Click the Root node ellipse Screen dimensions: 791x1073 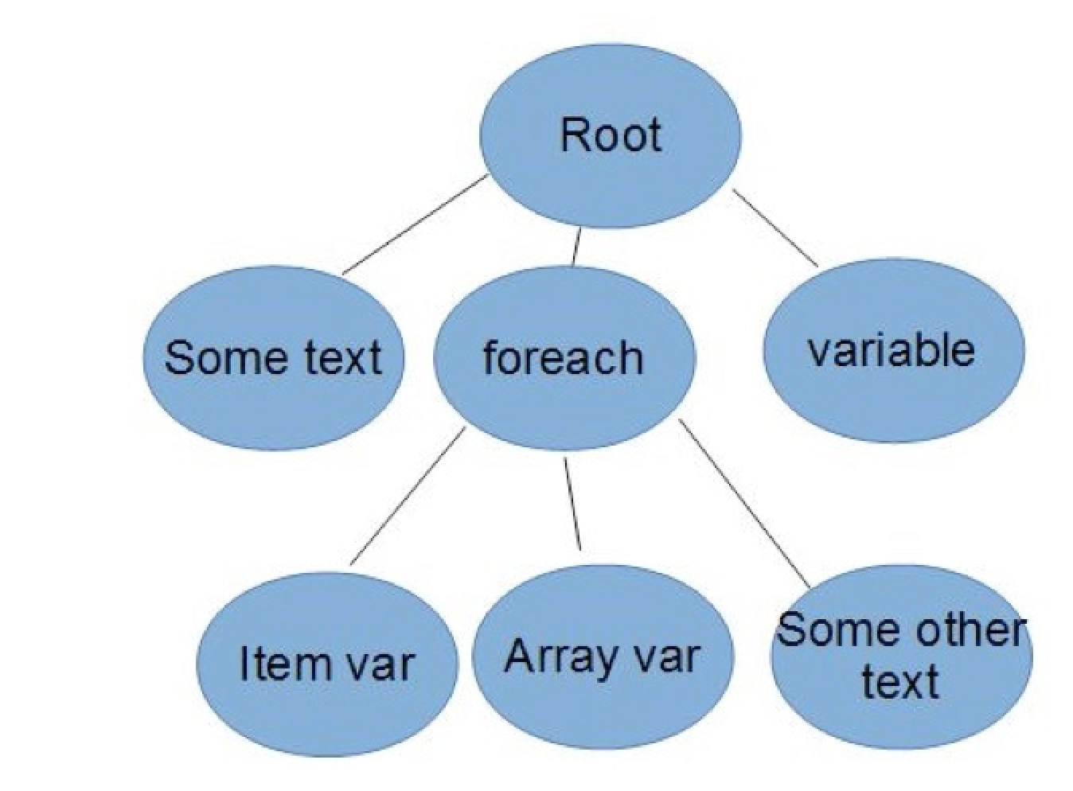[610, 135]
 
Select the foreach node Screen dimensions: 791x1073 [564, 358]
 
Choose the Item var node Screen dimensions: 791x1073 [327, 663]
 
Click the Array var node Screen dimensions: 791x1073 [603, 657]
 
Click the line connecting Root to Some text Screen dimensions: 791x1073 [414, 225]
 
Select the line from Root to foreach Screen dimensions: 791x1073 [576, 247]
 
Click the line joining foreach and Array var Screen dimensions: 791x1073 [572, 504]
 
